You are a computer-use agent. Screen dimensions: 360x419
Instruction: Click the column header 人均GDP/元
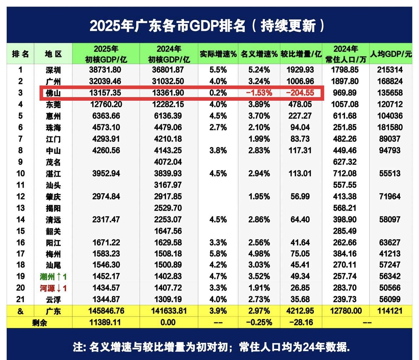pos(391,54)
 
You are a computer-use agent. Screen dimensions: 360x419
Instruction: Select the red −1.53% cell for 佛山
pos(259,93)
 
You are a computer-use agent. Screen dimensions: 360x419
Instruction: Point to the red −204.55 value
pos(300,93)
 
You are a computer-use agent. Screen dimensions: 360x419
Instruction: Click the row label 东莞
pos(53,105)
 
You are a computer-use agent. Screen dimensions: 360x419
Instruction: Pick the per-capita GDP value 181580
pos(390,127)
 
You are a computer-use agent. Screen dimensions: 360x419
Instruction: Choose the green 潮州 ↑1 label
pos(53,277)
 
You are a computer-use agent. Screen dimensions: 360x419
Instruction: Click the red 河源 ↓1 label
pos(53,288)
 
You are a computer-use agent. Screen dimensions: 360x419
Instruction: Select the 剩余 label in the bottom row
pos(39,323)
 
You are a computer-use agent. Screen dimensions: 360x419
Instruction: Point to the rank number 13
pos(20,208)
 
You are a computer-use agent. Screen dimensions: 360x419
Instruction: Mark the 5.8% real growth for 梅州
pos(218,254)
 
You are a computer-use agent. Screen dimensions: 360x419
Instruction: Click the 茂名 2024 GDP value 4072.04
pos(168,162)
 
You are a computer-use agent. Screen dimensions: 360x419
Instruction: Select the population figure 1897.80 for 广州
pos(345,81)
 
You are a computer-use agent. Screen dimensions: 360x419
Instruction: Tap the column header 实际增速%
pos(218,54)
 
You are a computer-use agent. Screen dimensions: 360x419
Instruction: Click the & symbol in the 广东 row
pos(20,311)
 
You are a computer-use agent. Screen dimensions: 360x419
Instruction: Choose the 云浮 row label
pos(53,300)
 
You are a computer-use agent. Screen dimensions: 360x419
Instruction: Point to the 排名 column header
pos(20,54)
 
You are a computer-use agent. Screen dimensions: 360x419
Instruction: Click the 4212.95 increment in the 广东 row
pos(300,311)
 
